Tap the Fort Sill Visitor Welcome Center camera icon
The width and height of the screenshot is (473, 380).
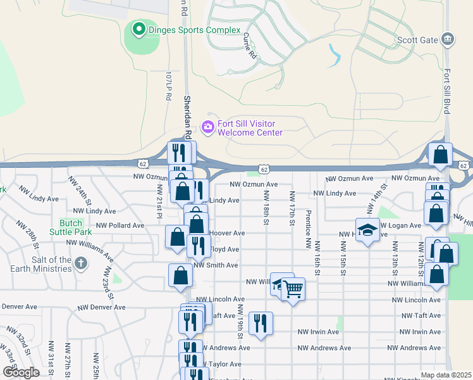click(x=207, y=127)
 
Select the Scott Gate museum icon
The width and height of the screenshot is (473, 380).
click(x=447, y=40)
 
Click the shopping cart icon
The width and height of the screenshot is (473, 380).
click(x=293, y=289)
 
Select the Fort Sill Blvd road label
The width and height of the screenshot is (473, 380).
click(x=447, y=92)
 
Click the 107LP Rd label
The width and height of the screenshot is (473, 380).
click(x=168, y=87)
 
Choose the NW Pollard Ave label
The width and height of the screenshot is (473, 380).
click(x=120, y=225)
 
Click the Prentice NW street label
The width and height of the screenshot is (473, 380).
click(x=308, y=229)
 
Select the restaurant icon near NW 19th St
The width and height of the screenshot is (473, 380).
click(x=261, y=323)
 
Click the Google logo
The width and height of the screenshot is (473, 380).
click(x=21, y=372)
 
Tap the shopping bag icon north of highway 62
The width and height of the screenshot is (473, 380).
click(x=440, y=154)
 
